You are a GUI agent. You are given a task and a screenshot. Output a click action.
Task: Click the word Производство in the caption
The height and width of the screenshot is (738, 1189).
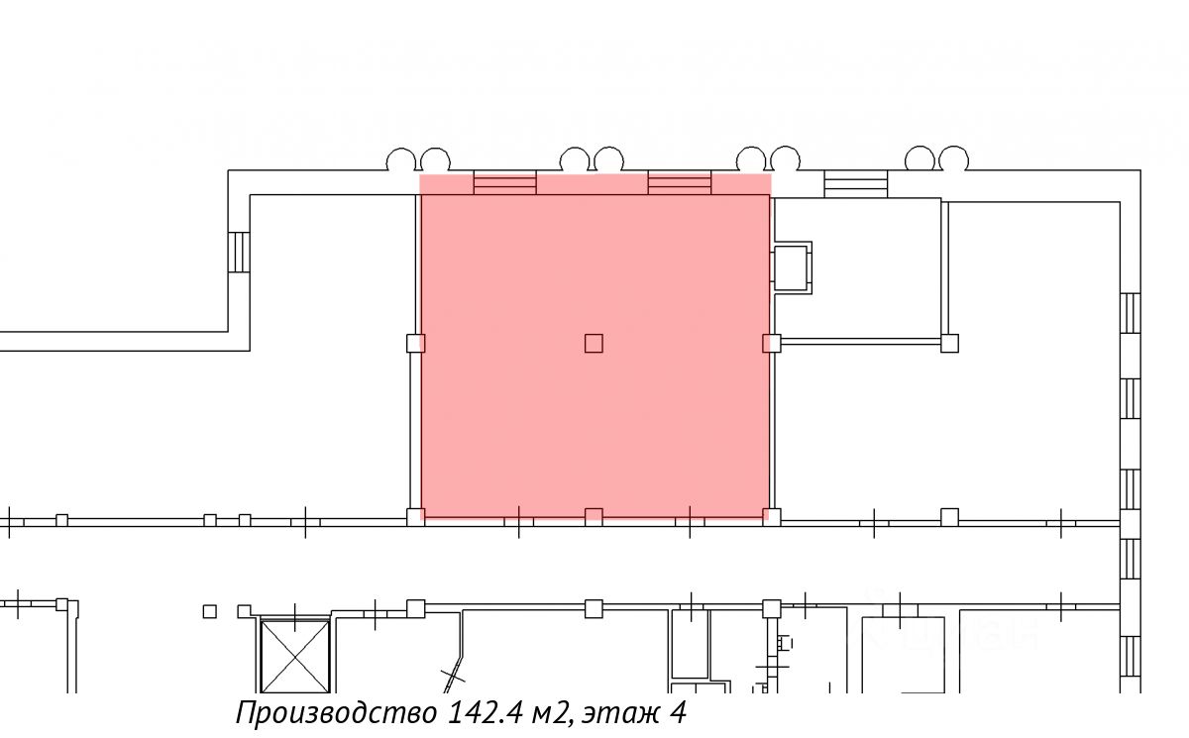337,713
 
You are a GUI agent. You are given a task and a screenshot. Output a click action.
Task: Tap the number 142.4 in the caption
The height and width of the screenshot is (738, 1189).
486,712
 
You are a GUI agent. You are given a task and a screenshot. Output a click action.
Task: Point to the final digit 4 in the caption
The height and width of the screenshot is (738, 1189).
678,712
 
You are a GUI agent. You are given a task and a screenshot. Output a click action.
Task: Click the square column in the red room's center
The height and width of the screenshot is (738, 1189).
594,344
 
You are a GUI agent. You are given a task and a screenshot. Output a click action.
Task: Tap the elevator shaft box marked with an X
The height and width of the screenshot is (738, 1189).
295,657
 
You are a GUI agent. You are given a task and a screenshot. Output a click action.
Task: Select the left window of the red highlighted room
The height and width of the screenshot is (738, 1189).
504,182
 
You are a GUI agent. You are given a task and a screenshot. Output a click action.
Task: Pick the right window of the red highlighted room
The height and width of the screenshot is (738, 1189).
680,182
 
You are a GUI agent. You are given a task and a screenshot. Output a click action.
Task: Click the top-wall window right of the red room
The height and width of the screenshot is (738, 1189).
856,184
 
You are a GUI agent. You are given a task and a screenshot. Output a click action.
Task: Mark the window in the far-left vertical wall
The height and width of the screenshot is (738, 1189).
239,252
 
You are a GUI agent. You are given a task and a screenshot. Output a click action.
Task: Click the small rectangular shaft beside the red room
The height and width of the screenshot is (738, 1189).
791,267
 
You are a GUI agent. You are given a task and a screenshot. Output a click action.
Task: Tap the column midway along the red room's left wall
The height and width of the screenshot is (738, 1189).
415,344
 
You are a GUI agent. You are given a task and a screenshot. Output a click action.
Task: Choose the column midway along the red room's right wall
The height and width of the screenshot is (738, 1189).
771,344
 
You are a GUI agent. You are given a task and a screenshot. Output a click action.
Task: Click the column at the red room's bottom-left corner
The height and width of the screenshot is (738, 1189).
415,517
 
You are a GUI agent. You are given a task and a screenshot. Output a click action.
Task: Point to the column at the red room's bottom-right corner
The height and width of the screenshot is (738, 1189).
771,517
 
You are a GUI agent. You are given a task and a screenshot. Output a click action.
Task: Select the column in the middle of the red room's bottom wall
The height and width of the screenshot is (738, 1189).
594,517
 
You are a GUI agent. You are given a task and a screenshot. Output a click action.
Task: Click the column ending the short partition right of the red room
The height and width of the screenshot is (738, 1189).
949,344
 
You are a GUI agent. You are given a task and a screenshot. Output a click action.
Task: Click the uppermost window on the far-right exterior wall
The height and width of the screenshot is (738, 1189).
1131,313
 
